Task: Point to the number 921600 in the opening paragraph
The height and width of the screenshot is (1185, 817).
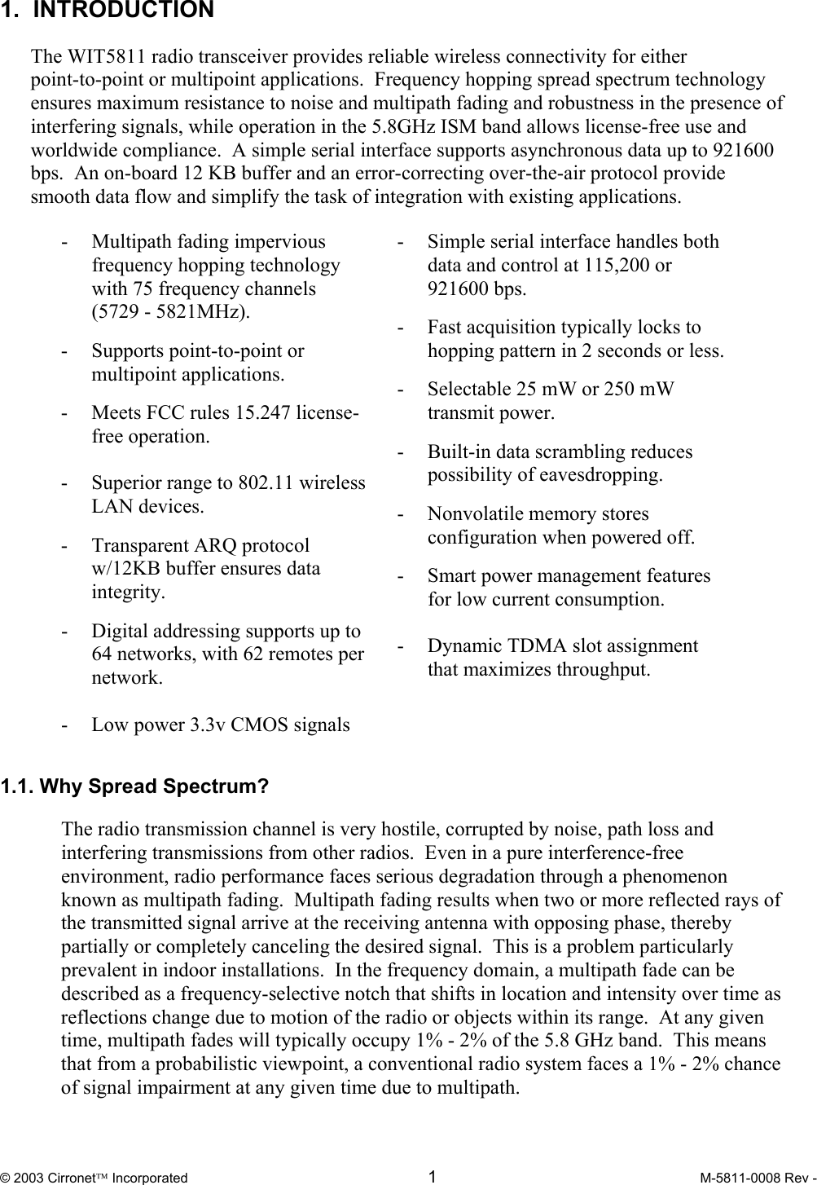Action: pos(744,151)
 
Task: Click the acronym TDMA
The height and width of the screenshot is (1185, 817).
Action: pos(536,646)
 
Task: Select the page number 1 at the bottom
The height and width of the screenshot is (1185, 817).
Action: pos(433,1176)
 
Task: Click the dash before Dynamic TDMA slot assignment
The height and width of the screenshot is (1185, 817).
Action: pos(401,646)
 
